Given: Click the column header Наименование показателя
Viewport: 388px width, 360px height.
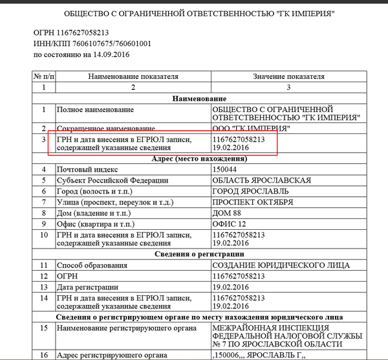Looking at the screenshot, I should [133, 76].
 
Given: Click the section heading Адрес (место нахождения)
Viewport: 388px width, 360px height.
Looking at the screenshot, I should [195, 159].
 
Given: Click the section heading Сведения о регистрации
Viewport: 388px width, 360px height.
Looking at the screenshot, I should [195, 253].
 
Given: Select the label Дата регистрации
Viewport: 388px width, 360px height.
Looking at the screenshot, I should [89, 287].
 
